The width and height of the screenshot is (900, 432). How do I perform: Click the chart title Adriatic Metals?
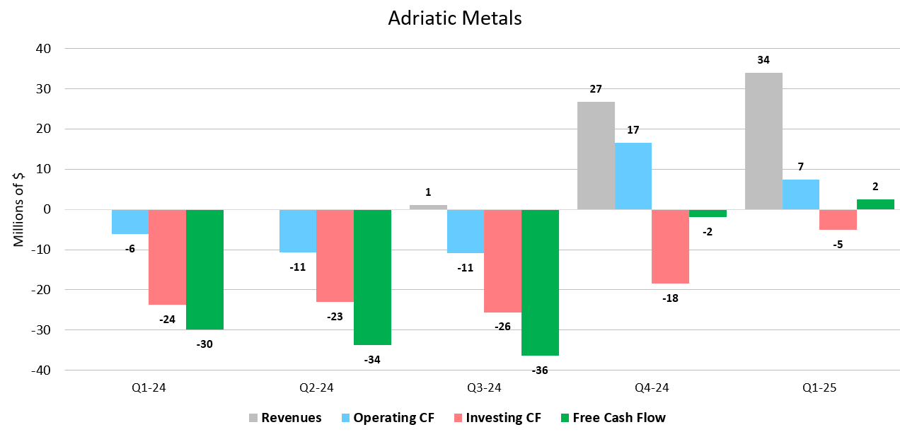click(454, 18)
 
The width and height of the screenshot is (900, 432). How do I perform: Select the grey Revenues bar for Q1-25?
click(763, 141)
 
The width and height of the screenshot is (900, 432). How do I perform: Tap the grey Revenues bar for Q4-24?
click(596, 156)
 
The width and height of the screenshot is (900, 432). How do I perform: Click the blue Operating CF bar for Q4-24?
click(633, 176)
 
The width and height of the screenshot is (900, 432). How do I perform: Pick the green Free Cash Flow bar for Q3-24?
click(540, 282)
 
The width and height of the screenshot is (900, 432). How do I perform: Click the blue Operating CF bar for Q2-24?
click(298, 230)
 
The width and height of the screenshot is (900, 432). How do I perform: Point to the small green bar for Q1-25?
click(875, 204)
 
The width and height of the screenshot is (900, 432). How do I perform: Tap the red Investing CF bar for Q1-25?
click(838, 220)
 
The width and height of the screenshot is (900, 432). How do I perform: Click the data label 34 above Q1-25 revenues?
click(763, 60)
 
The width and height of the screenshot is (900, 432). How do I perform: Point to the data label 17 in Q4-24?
click(633, 130)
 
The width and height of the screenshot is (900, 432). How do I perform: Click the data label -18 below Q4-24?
click(669, 298)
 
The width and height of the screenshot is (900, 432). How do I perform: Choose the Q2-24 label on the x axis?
click(316, 388)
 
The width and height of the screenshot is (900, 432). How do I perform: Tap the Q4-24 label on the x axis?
click(652, 388)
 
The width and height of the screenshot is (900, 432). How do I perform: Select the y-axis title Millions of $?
click(19, 209)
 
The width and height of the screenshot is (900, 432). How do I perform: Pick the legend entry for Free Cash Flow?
click(611, 418)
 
